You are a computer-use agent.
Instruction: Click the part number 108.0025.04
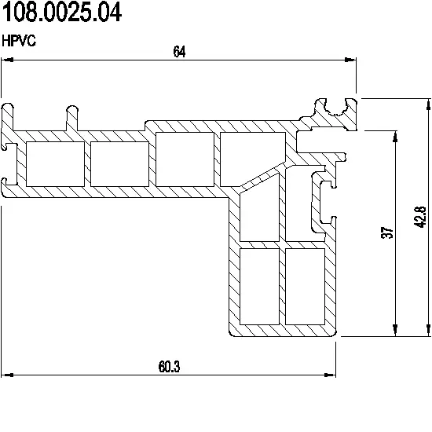click(62, 13)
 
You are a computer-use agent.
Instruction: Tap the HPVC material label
click(19, 41)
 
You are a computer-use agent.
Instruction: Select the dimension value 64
click(179, 52)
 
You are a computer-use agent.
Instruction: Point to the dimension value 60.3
click(169, 367)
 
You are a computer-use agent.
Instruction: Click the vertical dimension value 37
click(388, 232)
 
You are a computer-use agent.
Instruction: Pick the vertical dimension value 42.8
click(420, 217)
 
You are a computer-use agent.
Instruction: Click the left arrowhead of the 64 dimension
click(7, 60)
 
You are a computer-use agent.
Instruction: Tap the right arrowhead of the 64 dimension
click(350, 60)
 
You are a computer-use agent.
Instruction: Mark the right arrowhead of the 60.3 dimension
click(330, 375)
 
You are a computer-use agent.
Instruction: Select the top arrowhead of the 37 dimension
click(395, 137)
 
